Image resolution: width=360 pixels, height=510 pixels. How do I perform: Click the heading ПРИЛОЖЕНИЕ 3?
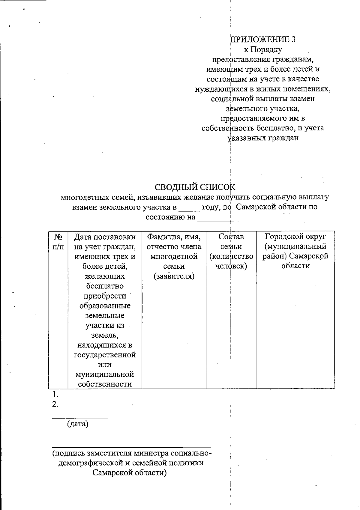(x=263, y=39)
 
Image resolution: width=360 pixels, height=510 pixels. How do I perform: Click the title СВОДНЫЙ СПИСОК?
(x=195, y=187)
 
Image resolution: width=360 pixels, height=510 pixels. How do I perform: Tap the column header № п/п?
(x=58, y=242)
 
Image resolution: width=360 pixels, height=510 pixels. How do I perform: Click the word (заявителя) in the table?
(x=174, y=276)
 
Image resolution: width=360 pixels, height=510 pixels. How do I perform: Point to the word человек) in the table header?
(x=231, y=266)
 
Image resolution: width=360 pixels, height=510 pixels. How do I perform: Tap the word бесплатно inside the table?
(x=105, y=286)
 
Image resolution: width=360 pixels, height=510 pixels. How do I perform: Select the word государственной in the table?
(x=105, y=355)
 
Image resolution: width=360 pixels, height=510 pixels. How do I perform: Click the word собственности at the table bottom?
(x=105, y=384)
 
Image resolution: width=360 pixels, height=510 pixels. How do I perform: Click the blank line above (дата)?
(x=80, y=417)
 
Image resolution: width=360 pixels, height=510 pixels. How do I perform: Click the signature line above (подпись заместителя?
(x=131, y=447)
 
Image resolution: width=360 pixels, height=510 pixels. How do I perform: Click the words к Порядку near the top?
(x=263, y=49)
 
